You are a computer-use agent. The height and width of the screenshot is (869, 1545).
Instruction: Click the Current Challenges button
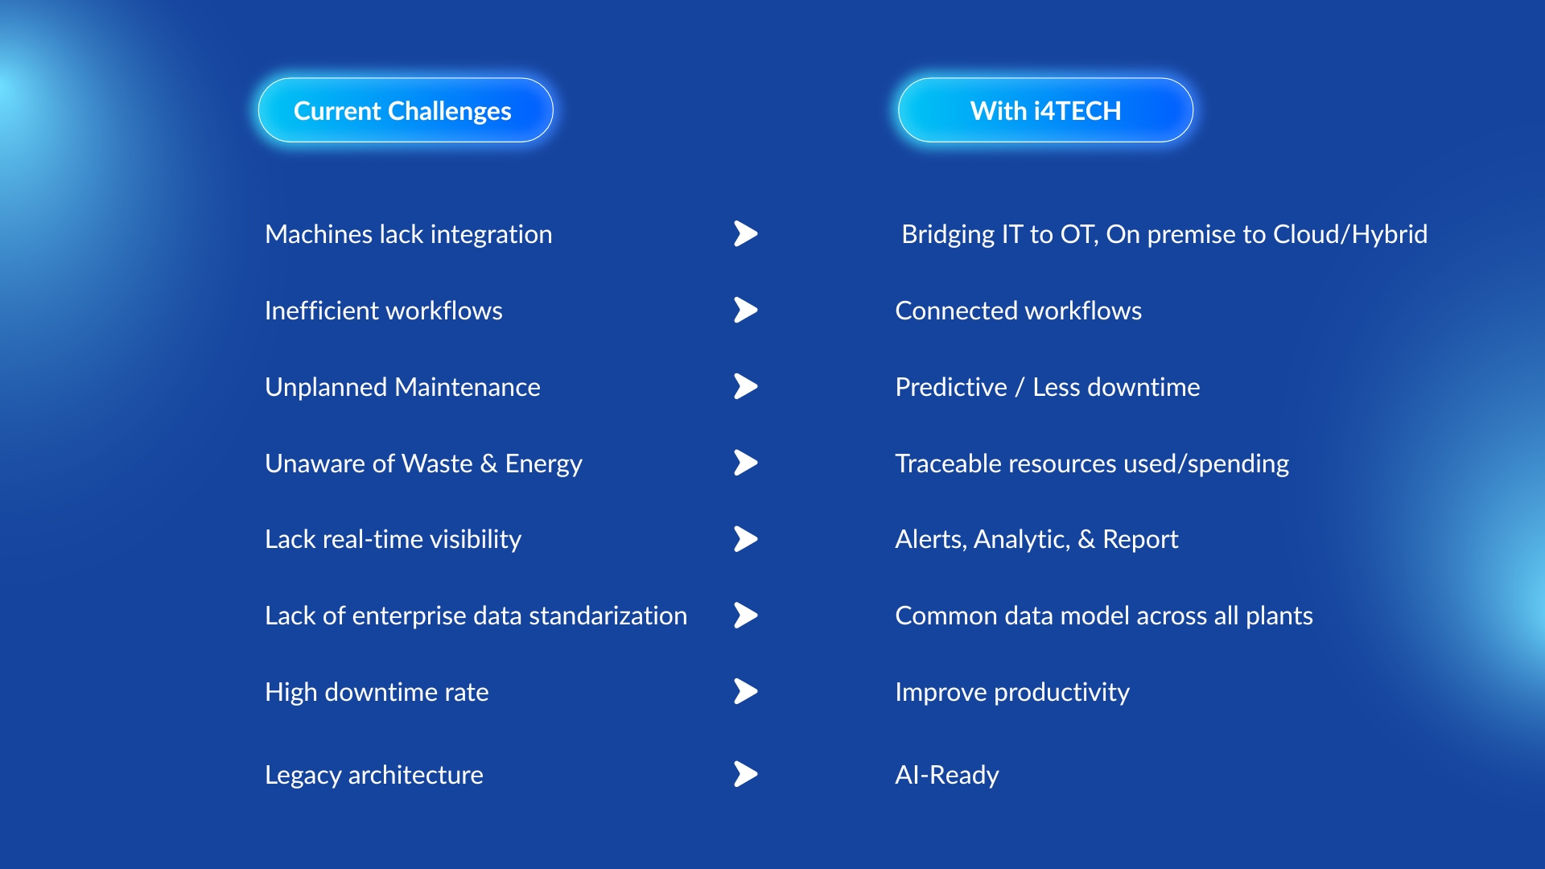[x=405, y=110]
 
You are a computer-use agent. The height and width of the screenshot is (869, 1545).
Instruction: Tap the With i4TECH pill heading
[x=1045, y=110]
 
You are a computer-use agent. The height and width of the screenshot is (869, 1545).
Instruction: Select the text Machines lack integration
[x=408, y=234]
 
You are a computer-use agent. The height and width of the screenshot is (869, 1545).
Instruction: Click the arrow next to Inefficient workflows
[x=746, y=310]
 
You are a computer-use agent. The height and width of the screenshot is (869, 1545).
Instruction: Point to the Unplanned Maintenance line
[x=402, y=387]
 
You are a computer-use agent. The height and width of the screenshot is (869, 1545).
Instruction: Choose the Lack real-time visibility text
[x=393, y=539]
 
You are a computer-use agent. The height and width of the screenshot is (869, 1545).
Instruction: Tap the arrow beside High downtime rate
[x=746, y=691]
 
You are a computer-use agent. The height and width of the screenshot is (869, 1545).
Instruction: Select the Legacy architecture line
[x=374, y=775]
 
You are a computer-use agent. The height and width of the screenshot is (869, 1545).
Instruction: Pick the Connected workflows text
[x=1018, y=311]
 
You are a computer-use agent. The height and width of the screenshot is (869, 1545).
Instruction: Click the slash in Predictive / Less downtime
[x=1020, y=387]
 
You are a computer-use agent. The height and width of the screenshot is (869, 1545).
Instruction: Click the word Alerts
[x=929, y=539]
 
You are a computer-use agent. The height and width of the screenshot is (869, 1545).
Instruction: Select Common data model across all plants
[x=1103, y=616]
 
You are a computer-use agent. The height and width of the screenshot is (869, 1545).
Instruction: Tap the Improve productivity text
[x=1011, y=692]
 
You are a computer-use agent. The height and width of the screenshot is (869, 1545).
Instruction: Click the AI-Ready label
[x=946, y=775]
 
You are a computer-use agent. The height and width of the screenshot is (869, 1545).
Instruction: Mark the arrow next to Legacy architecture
[x=746, y=774]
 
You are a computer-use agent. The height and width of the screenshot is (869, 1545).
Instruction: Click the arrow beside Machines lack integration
[x=746, y=233]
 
